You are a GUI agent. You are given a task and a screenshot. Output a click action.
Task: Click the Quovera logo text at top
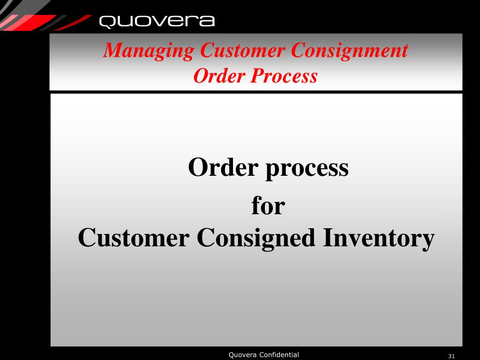coord(157,22)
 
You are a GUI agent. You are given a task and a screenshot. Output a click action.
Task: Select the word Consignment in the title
coord(349,51)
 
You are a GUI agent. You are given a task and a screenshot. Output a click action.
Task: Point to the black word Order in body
coord(224,167)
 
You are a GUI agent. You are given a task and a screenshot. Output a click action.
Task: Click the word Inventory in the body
coord(378,239)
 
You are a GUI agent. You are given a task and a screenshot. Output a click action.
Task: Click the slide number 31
coord(452,356)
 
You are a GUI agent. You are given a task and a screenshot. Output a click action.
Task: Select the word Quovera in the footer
coord(242,355)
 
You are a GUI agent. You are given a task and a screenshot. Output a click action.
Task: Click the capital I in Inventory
coord(327,238)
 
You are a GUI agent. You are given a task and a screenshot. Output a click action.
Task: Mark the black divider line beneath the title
coord(256,92)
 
